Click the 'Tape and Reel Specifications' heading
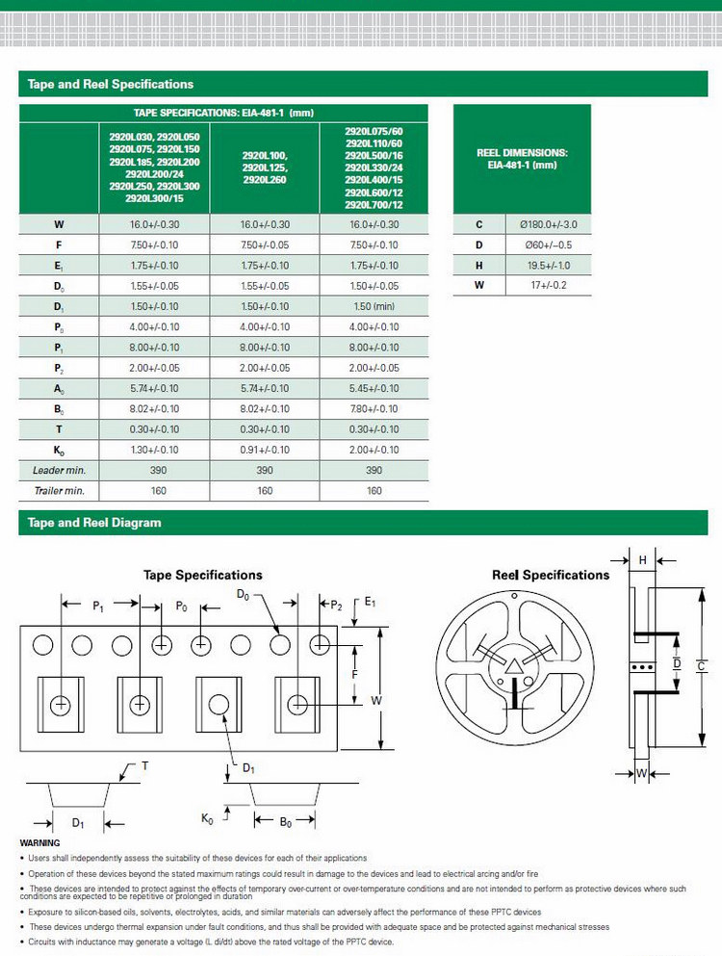click(111, 84)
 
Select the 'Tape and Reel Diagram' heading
click(94, 523)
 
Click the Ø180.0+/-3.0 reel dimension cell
click(548, 224)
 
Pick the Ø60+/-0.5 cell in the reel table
click(548, 245)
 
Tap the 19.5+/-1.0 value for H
click(549, 265)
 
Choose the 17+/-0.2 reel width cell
click(549, 285)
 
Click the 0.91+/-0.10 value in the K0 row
click(265, 450)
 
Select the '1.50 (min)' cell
click(374, 307)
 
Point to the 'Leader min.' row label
click(59, 470)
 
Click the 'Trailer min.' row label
click(59, 491)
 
